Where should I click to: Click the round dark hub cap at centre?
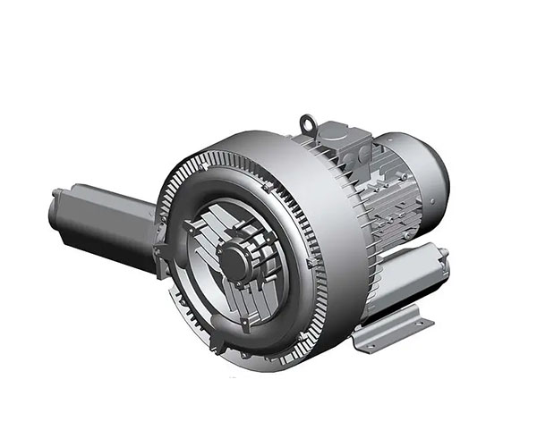pyautogui.click(x=235, y=262)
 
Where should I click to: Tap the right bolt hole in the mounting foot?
pyautogui.click(x=414, y=319)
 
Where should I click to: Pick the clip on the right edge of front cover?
pyautogui.click(x=310, y=264)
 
